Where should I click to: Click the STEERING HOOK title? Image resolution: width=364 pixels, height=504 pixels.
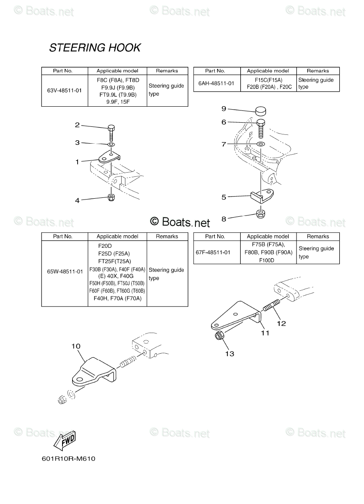point(95,48)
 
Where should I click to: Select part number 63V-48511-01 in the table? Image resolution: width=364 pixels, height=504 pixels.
point(65,90)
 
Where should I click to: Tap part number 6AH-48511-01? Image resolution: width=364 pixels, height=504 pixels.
point(216,84)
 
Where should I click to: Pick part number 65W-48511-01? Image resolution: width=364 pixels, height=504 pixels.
point(65,271)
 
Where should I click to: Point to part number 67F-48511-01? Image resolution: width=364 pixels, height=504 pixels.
point(213,252)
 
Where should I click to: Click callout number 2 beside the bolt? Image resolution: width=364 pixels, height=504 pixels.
point(77,125)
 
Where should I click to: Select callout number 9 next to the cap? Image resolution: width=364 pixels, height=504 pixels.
point(224,109)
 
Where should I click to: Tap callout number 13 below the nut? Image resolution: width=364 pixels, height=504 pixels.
point(229,354)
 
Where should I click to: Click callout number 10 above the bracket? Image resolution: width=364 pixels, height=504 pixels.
point(76,346)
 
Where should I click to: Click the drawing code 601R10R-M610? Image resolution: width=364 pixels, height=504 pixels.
point(69,459)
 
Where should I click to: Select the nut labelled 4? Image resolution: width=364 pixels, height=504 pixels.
point(111,197)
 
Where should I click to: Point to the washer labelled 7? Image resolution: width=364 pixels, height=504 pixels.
point(260,144)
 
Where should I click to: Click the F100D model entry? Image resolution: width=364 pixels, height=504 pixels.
point(265,260)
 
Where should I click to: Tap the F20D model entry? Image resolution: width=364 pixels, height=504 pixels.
point(106,246)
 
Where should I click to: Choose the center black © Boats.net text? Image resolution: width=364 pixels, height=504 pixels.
point(180,221)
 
